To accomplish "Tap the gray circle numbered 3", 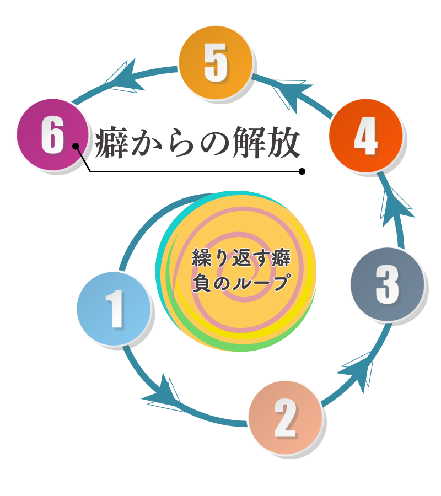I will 388,284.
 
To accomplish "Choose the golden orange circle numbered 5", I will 216,63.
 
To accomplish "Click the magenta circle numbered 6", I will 52,136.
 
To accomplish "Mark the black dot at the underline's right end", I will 302,171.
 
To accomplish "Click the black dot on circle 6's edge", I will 76,146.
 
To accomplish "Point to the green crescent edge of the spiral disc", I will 265,342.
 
